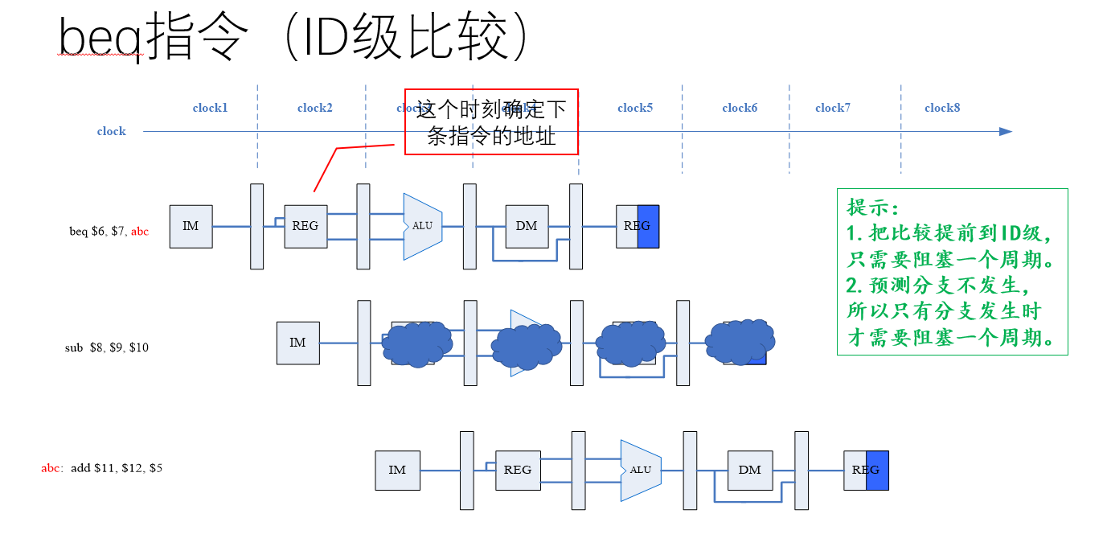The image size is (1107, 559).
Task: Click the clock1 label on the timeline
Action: pos(210,108)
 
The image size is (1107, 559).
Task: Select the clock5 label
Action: pos(635,108)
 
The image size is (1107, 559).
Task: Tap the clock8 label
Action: pos(942,108)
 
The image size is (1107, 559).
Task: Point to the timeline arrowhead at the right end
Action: pos(1006,131)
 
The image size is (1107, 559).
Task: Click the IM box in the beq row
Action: pos(191,226)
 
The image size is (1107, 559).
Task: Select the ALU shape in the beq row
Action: pos(422,226)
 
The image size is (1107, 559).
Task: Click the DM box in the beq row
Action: pos(527,226)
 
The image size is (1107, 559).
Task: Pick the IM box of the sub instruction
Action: pos(297,343)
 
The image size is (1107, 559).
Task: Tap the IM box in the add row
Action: pos(397,470)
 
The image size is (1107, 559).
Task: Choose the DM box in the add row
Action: pos(749,470)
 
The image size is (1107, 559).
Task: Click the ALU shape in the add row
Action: pos(640,470)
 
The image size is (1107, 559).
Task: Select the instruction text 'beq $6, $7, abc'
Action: pos(109,232)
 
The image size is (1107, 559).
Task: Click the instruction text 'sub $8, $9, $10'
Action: pos(106,348)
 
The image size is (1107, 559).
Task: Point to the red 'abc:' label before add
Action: pos(52,467)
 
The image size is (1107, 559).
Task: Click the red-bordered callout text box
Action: pos(491,121)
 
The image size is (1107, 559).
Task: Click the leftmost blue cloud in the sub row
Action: pos(416,344)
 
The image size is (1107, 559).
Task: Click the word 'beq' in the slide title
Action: pos(100,38)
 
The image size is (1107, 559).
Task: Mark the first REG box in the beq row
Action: pos(305,226)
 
